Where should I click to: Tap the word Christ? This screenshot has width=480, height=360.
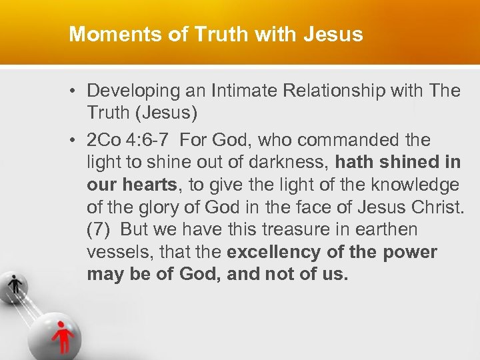(x=435, y=207)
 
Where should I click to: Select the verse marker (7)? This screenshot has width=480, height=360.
(x=99, y=229)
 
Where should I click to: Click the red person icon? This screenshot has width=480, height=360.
(x=64, y=335)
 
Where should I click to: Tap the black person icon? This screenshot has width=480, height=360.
(x=15, y=285)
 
